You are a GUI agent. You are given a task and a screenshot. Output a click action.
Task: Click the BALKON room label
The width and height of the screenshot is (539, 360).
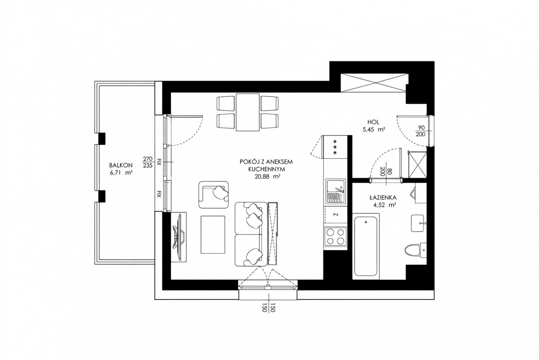point(121,165)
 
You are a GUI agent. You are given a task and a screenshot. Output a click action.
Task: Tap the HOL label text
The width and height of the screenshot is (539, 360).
point(373,122)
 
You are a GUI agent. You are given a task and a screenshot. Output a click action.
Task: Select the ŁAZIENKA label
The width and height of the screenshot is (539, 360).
point(383,198)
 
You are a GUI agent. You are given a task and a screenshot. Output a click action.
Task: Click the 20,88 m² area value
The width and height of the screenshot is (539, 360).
point(267,177)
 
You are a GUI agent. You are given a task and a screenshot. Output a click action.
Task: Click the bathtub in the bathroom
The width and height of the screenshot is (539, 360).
point(366,246)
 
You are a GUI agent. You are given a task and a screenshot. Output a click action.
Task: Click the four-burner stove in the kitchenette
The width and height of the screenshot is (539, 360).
point(336,237)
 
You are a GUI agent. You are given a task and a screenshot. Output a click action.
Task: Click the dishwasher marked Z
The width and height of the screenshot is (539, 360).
point(336,215)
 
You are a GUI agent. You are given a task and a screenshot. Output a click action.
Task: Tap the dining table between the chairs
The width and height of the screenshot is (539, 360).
point(247,112)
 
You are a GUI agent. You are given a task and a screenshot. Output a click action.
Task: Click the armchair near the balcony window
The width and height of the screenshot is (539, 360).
point(214,195)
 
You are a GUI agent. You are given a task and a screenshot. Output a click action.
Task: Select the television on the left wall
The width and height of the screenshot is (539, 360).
point(179,237)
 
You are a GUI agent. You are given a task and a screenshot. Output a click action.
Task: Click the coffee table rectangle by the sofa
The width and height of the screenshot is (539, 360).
point(213,235)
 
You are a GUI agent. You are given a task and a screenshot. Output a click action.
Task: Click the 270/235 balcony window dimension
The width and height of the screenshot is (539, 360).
point(148,162)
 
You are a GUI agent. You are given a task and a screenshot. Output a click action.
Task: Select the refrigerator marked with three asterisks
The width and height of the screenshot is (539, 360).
point(335,147)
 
